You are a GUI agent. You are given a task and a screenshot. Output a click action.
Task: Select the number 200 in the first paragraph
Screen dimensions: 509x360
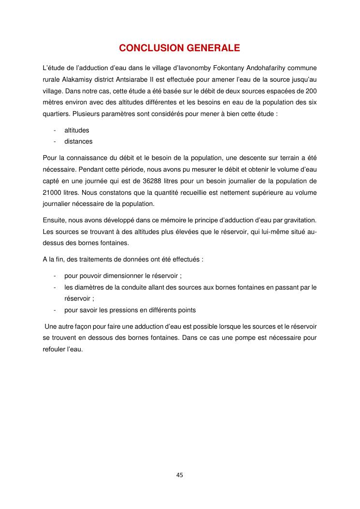311,91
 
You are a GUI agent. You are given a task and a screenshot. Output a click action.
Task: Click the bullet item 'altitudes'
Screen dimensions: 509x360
77,130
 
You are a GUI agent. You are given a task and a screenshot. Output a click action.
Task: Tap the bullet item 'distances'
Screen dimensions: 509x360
78,142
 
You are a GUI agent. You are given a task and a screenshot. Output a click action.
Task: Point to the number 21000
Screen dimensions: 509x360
51,194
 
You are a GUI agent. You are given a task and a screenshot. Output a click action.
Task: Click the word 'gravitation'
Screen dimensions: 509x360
300,220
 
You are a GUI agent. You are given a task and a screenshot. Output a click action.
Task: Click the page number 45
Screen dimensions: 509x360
180,475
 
